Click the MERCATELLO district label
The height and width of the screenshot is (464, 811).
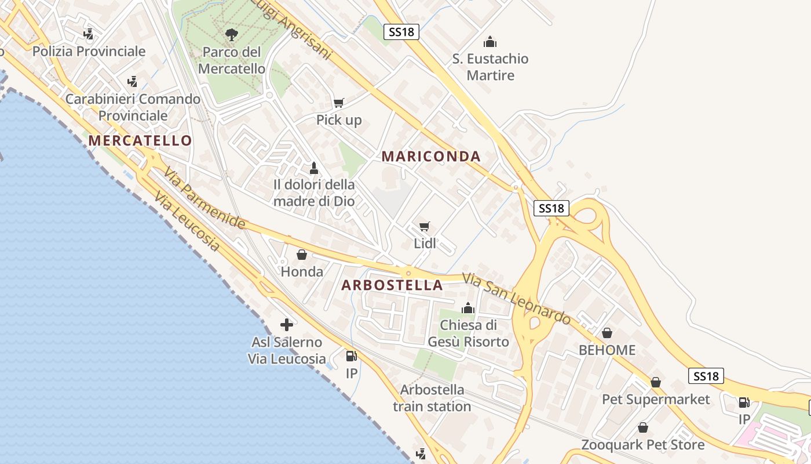pyautogui.click(x=140, y=140)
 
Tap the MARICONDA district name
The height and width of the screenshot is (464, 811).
pyautogui.click(x=431, y=156)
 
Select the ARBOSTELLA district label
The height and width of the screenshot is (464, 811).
pyautogui.click(x=392, y=285)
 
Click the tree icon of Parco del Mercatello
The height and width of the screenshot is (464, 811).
pyautogui.click(x=232, y=35)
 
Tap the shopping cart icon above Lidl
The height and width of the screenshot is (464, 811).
pyautogui.click(x=425, y=226)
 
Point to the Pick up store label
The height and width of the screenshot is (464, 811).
pyautogui.click(x=339, y=120)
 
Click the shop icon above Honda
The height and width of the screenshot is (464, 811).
pyautogui.click(x=302, y=255)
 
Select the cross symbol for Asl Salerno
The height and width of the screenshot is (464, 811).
pyautogui.click(x=287, y=325)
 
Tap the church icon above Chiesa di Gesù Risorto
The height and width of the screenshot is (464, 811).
pyautogui.click(x=468, y=308)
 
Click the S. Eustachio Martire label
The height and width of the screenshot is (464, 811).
pyautogui.click(x=490, y=67)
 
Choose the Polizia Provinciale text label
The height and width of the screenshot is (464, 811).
pyautogui.click(x=89, y=51)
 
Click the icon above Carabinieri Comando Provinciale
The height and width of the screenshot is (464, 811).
pyautogui.click(x=133, y=81)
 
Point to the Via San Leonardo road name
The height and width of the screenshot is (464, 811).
pyautogui.click(x=517, y=299)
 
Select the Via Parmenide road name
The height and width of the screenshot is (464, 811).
pyautogui.click(x=204, y=198)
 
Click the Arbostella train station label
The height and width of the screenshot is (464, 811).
pyautogui.click(x=432, y=397)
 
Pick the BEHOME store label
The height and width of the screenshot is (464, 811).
pyautogui.click(x=607, y=350)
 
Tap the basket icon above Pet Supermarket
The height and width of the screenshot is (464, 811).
pyautogui.click(x=656, y=382)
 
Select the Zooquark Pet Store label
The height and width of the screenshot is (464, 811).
pyautogui.click(x=643, y=445)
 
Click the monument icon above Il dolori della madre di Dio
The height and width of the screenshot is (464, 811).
pyautogui.click(x=314, y=168)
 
